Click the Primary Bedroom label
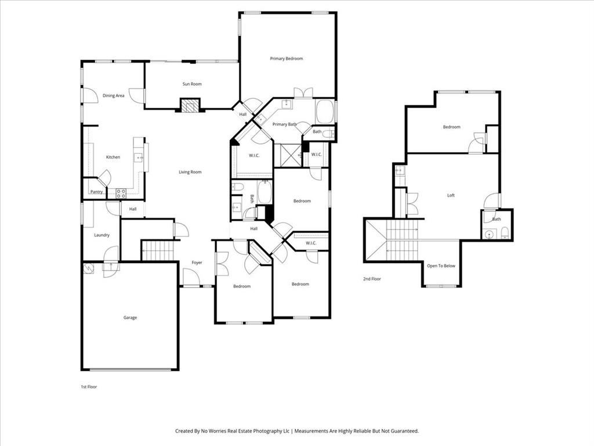(286, 59)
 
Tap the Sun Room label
(192, 84)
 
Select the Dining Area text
(114, 96)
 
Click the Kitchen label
(113, 157)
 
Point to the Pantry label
(96, 192)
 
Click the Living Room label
(190, 172)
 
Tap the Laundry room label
(102, 235)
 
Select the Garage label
(130, 318)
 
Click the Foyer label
(197, 263)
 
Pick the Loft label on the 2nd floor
(451, 196)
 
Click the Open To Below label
(441, 266)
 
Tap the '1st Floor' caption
(89, 386)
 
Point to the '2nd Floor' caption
(371, 279)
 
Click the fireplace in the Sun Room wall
(189, 105)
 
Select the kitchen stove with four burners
(121, 193)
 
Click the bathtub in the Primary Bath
(325, 111)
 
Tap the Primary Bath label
(284, 124)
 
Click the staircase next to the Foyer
(158, 251)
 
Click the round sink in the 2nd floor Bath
(490, 235)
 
